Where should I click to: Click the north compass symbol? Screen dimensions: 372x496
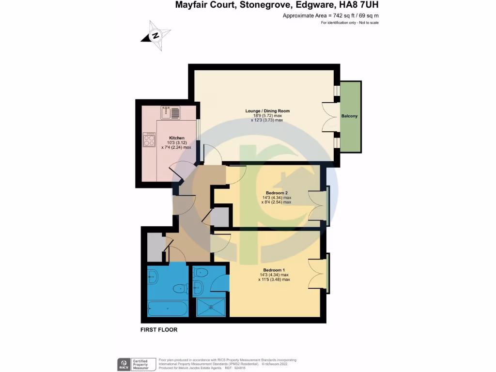(x=155, y=35)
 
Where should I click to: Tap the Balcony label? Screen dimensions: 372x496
(x=350, y=116)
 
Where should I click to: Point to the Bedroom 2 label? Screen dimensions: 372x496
(x=277, y=193)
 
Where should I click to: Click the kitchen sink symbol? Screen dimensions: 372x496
(x=170, y=112)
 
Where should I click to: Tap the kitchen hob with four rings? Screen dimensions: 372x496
(x=149, y=140)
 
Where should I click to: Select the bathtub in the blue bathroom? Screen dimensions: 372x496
(x=167, y=308)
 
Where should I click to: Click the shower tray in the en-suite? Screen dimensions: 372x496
(x=211, y=307)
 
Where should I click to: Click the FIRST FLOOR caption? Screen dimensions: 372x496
(x=159, y=330)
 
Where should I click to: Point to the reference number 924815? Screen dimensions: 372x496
(x=239, y=368)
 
